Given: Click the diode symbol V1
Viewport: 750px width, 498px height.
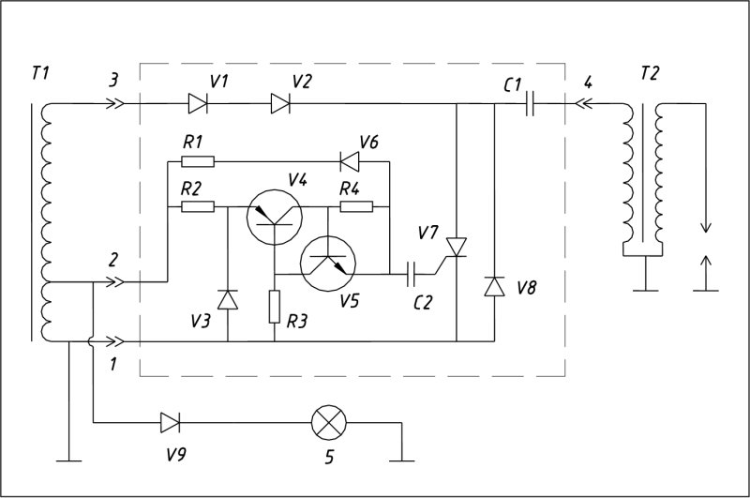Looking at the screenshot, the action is point(198,103).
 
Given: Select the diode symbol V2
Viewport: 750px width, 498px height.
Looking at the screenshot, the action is point(280,103).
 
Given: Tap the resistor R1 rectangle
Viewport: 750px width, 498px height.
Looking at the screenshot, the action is point(198,161).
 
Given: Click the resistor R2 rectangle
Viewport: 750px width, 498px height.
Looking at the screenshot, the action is point(198,206).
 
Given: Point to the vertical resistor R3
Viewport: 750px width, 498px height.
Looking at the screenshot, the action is point(274,307).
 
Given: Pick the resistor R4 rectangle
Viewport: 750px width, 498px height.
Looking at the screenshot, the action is point(356,206).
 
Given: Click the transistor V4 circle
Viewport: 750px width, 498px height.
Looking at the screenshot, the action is point(274,217).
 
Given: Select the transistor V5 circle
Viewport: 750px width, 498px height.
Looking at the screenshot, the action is point(327,264).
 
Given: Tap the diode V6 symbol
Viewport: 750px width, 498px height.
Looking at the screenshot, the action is point(350,161).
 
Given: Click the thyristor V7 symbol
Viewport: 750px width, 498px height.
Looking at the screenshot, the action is point(456,249).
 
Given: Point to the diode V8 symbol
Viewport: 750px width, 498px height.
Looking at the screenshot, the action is point(494,287).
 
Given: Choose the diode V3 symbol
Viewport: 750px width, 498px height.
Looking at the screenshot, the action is point(228,299).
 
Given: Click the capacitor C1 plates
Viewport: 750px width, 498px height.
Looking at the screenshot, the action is point(530,103).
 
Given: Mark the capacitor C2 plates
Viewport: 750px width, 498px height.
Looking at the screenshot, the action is point(411,274).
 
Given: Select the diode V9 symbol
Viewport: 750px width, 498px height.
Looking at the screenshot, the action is point(171,423).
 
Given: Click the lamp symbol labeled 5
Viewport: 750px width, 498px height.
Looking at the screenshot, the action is point(329,423).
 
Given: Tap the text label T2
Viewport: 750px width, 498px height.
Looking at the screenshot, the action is point(650,74).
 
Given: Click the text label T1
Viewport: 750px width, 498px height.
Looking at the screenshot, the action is point(40,74).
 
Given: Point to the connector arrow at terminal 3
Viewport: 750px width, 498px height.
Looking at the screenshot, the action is point(115,103).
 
